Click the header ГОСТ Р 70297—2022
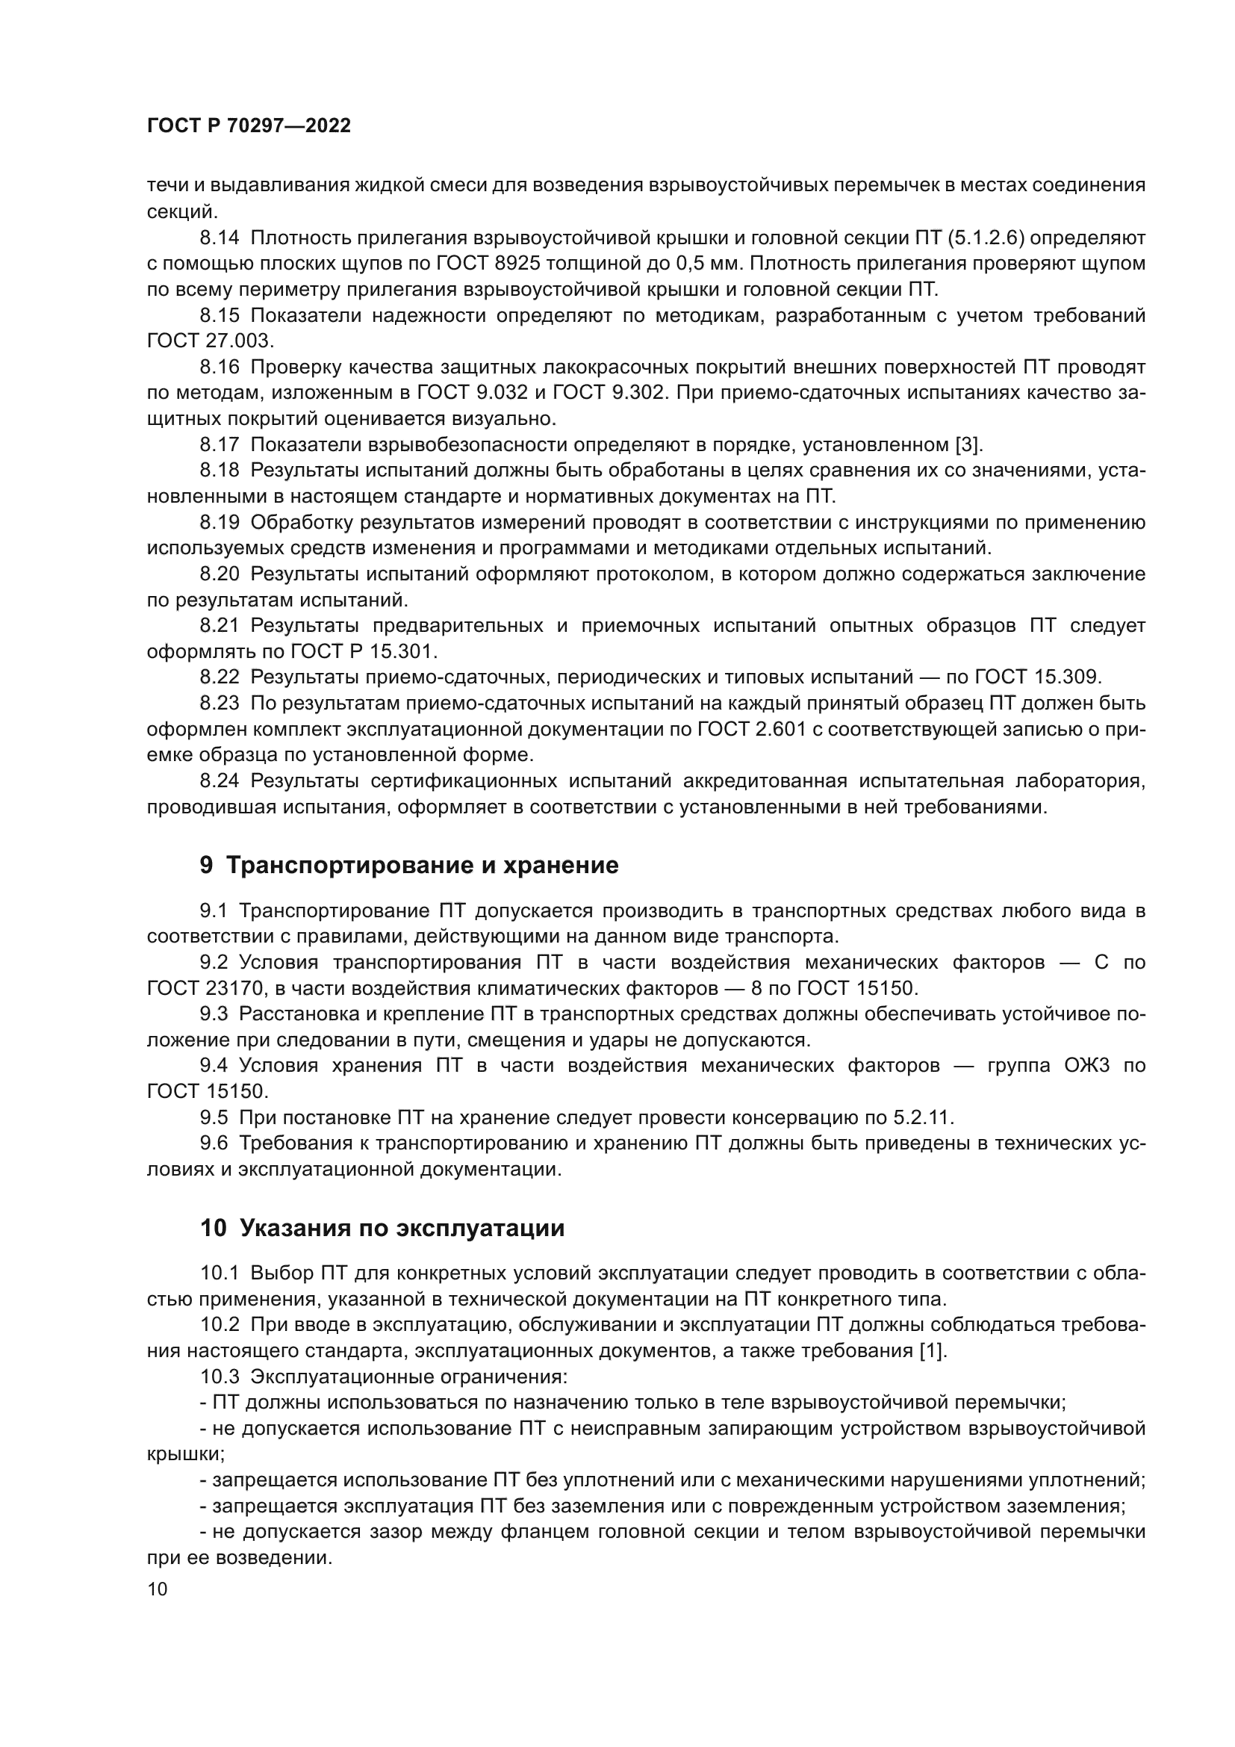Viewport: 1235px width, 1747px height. (249, 126)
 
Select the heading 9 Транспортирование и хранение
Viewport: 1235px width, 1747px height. (409, 865)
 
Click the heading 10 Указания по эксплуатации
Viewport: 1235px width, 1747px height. (382, 1228)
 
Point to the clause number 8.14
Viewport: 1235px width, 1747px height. (219, 238)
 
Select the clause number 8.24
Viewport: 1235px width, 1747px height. (219, 781)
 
